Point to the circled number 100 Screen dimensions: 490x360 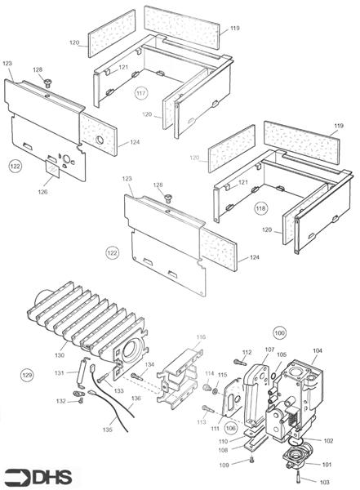tap(279, 333)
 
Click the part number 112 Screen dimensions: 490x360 tap(245, 351)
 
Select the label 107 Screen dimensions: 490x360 tap(269, 350)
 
